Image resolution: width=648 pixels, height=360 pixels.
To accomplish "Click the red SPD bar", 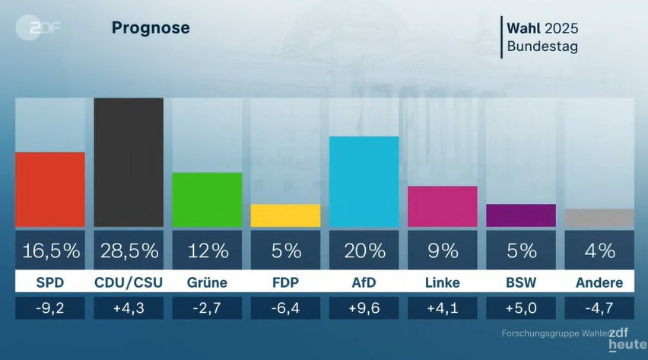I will [50, 189].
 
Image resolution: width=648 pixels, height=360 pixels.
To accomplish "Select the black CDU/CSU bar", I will [129, 162].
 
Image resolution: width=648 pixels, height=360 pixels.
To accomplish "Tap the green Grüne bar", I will [207, 199].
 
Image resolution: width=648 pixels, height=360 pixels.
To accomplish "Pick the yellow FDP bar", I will [285, 215].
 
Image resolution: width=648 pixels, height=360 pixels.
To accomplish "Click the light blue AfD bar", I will [364, 181].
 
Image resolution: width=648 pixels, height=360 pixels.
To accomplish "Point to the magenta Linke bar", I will [443, 206].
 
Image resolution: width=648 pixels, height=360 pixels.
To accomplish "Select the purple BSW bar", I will [521, 215].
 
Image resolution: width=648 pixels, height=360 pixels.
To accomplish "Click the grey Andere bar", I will [599, 218].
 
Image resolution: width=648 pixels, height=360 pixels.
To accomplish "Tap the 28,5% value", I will [129, 250].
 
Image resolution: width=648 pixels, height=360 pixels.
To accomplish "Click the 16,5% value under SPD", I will [50, 250].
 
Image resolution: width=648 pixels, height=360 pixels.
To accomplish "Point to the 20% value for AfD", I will [364, 250].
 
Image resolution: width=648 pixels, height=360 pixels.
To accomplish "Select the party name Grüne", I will [207, 283].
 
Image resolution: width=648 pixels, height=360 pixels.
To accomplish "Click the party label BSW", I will [521, 283].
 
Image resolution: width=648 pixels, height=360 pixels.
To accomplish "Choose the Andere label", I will [599, 283].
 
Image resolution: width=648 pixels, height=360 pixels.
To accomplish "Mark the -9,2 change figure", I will [50, 308].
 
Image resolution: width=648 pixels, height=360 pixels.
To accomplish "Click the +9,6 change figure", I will [364, 308].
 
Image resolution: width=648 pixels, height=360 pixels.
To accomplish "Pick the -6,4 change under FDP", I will [285, 308].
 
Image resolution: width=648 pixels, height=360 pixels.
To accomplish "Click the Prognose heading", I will [151, 28].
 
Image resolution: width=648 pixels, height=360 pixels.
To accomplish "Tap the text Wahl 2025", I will [542, 28].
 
